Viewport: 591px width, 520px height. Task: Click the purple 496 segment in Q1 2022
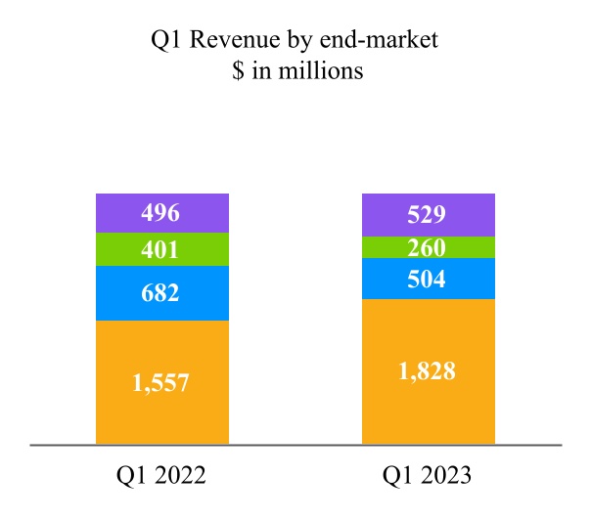pyautogui.click(x=162, y=213)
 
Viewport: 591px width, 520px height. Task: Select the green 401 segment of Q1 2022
pyautogui.click(x=162, y=249)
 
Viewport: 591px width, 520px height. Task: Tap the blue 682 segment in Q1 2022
pyautogui.click(x=162, y=293)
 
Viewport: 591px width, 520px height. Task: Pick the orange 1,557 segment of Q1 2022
pyautogui.click(x=162, y=382)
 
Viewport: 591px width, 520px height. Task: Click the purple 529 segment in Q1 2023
pyautogui.click(x=429, y=215)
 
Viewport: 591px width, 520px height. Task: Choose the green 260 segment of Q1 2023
pyautogui.click(x=429, y=247)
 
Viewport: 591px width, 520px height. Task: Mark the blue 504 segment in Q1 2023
pyautogui.click(x=429, y=279)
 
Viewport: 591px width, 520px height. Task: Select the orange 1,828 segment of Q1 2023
pyautogui.click(x=429, y=371)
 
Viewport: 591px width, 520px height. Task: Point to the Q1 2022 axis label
pyautogui.click(x=161, y=475)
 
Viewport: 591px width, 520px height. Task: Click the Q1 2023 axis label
pyautogui.click(x=427, y=475)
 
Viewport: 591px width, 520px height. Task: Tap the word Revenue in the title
pyautogui.click(x=235, y=39)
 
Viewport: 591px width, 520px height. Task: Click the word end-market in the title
pyautogui.click(x=379, y=39)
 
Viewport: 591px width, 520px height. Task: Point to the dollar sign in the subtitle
pyautogui.click(x=238, y=70)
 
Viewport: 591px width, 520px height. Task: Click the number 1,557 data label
pyautogui.click(x=160, y=383)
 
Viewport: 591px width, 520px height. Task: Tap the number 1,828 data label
pyautogui.click(x=427, y=370)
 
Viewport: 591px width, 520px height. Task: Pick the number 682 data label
pyautogui.click(x=160, y=293)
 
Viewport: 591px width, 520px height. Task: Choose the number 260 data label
pyautogui.click(x=427, y=247)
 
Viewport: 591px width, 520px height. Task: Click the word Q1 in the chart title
pyautogui.click(x=165, y=40)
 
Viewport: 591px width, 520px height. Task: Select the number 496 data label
pyautogui.click(x=160, y=213)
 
